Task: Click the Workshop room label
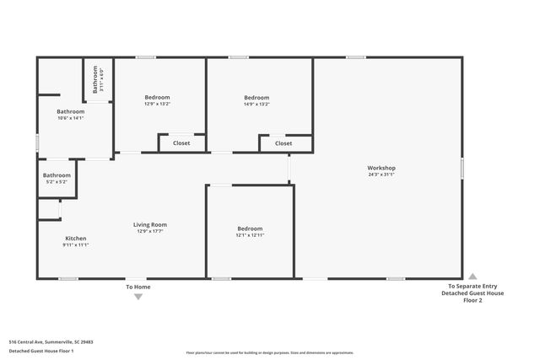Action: click(381, 168)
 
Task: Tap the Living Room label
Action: click(150, 224)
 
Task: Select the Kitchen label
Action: click(76, 239)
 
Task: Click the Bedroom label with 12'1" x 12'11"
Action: click(250, 228)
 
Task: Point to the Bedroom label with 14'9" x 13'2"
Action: click(256, 98)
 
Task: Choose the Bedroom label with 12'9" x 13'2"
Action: click(158, 98)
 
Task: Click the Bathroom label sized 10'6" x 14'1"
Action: click(71, 111)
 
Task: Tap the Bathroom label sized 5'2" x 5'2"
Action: click(57, 175)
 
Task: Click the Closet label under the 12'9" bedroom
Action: click(181, 143)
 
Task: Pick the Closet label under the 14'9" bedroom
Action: click(283, 143)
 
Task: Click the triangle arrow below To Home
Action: click(138, 296)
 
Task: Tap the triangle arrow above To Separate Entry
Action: click(472, 276)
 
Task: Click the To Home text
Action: click(138, 287)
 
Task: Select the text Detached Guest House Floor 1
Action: click(41, 350)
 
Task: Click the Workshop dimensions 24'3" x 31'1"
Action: click(381, 175)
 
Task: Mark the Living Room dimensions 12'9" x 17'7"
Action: click(150, 231)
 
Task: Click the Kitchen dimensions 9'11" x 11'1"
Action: click(76, 245)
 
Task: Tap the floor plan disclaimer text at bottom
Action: click(270, 352)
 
